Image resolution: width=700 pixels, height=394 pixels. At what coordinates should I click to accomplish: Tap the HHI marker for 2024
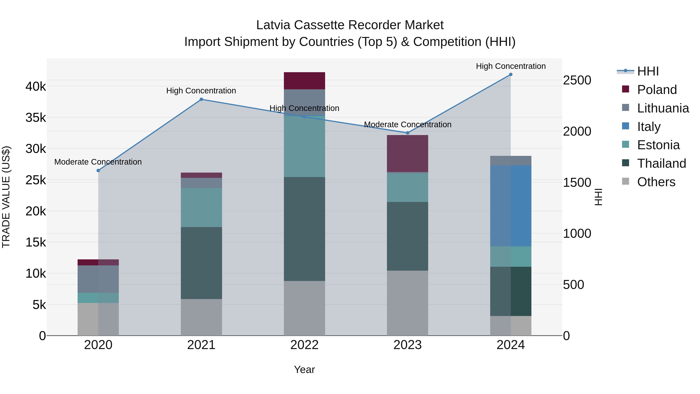coord(511,75)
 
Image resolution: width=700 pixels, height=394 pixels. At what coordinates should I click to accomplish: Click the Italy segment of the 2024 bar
coord(511,206)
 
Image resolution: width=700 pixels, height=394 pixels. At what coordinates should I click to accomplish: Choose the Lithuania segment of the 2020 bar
coord(98,279)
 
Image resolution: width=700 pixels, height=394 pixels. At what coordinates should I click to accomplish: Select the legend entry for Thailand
coord(661,163)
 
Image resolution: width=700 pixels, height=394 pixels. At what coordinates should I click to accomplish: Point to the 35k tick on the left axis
coord(36,118)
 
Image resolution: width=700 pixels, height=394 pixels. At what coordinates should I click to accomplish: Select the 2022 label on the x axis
coord(304,345)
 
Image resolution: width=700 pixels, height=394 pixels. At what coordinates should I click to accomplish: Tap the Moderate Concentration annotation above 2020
coord(98,162)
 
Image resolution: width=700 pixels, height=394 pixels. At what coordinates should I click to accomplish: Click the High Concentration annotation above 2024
coord(511,66)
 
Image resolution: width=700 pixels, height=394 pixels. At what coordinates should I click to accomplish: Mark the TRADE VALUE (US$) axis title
coord(6,197)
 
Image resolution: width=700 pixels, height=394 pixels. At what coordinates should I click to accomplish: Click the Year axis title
coord(304,369)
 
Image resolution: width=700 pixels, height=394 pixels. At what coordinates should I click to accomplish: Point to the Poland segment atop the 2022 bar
coord(304,81)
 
